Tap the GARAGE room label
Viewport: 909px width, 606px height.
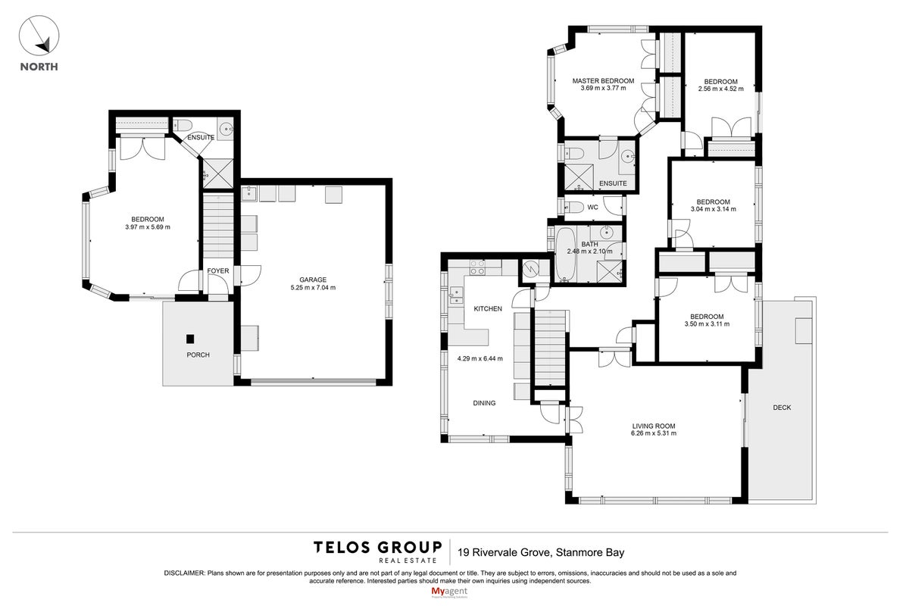313,280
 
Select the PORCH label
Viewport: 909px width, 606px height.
198,355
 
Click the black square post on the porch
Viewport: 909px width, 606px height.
190,339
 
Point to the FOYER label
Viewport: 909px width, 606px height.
218,270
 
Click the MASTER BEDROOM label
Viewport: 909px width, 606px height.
603,81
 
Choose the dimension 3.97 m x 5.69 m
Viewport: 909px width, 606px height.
148,227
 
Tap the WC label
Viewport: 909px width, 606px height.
592,208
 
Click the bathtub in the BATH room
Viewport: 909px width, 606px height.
564,255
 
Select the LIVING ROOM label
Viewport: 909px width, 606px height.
653,426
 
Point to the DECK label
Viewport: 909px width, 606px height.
782,408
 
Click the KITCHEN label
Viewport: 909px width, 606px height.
488,309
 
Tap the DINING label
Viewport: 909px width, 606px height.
484,403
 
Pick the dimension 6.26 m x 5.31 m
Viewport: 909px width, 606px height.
653,433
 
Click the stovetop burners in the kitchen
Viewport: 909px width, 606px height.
477,267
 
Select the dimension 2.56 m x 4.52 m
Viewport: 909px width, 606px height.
720,89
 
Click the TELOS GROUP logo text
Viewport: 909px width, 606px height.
377,548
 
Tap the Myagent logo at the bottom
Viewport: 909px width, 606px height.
449,592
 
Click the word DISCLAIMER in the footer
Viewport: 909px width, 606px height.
185,573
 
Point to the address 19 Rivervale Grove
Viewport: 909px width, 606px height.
504,552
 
